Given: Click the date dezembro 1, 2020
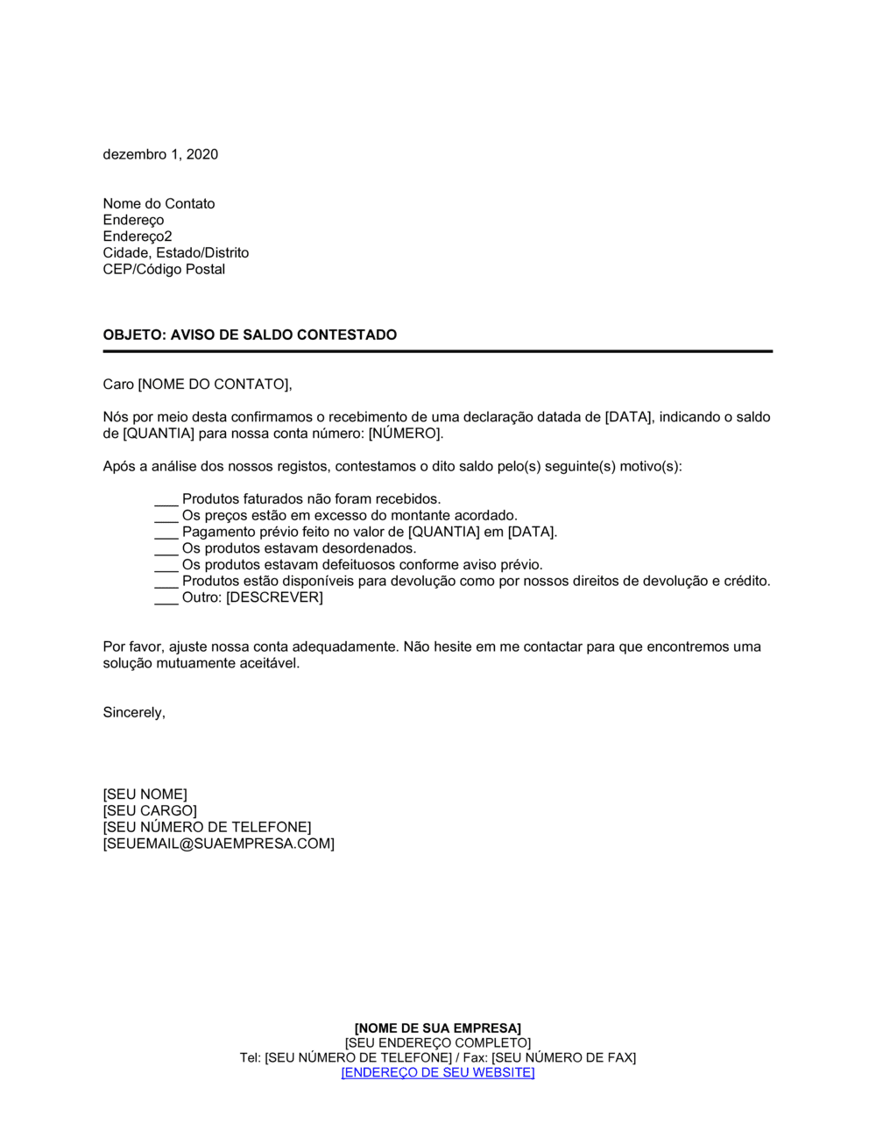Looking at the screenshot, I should (160, 154).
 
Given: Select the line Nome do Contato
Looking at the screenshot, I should (159, 203).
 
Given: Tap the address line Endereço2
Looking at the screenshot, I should (138, 237).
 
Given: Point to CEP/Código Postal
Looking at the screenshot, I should (164, 269).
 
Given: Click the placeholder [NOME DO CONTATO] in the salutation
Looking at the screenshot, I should (213, 384).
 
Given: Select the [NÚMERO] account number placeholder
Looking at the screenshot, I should (405, 434).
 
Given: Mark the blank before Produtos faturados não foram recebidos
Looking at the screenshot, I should (166, 501).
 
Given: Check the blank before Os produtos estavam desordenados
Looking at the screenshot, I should (166, 550).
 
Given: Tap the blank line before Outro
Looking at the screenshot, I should (166, 599).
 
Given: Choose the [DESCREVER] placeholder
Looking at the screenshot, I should (274, 597).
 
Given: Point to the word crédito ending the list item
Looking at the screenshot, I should (745, 581).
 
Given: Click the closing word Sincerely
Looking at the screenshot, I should (133, 712).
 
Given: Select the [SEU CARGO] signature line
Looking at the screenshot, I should (150, 811).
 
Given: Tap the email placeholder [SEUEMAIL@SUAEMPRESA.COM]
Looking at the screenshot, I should (218, 844).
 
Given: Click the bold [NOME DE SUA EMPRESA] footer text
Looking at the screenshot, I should (438, 1028).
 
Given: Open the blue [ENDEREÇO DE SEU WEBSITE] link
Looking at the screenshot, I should (438, 1072).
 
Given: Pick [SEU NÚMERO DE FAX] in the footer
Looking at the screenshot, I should (563, 1057).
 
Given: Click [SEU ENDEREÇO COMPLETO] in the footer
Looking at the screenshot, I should (438, 1042).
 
